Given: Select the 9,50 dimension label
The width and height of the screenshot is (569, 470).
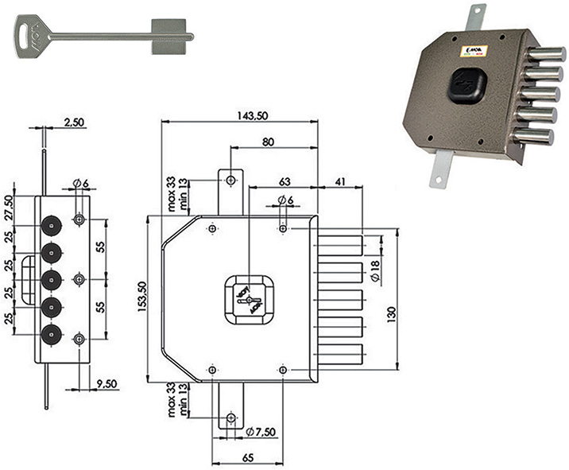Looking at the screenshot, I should pyautogui.click(x=106, y=383).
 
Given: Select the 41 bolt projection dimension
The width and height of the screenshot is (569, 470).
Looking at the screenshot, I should pyautogui.click(x=339, y=182).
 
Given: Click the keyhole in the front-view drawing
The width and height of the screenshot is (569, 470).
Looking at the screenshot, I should pyautogui.click(x=248, y=300).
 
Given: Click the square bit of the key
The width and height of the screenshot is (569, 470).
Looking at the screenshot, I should pyautogui.click(x=172, y=34).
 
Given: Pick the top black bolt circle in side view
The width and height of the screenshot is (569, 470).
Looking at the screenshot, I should pyautogui.click(x=51, y=226).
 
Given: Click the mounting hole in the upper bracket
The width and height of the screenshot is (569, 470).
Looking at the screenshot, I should pyautogui.click(x=230, y=181).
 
